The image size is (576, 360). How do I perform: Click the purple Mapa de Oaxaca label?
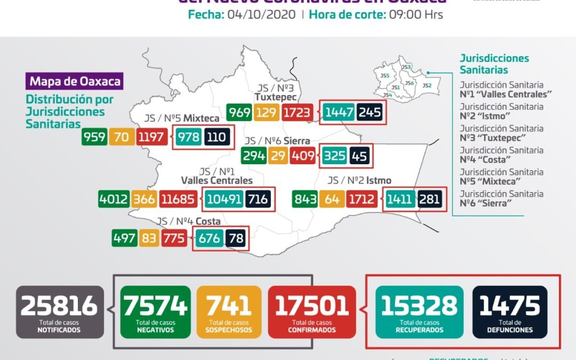[x=75, y=82]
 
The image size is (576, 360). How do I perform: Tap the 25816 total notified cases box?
[x=59, y=311]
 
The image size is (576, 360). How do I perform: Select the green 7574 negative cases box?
[x=155, y=311]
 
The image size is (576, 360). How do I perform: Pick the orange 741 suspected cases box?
[x=229, y=311]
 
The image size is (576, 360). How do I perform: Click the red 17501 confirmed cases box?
[x=312, y=311]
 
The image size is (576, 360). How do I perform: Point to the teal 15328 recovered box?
[x=419, y=311]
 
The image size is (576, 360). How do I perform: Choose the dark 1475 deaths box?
[x=510, y=311]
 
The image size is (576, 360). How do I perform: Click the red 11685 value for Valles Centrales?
[x=180, y=199]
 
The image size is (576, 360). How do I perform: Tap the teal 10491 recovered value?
[x=225, y=199]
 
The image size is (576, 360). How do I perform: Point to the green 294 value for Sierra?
[x=253, y=156]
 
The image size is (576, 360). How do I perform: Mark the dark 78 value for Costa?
[x=235, y=238]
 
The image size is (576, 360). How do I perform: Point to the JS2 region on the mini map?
[x=427, y=85]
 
